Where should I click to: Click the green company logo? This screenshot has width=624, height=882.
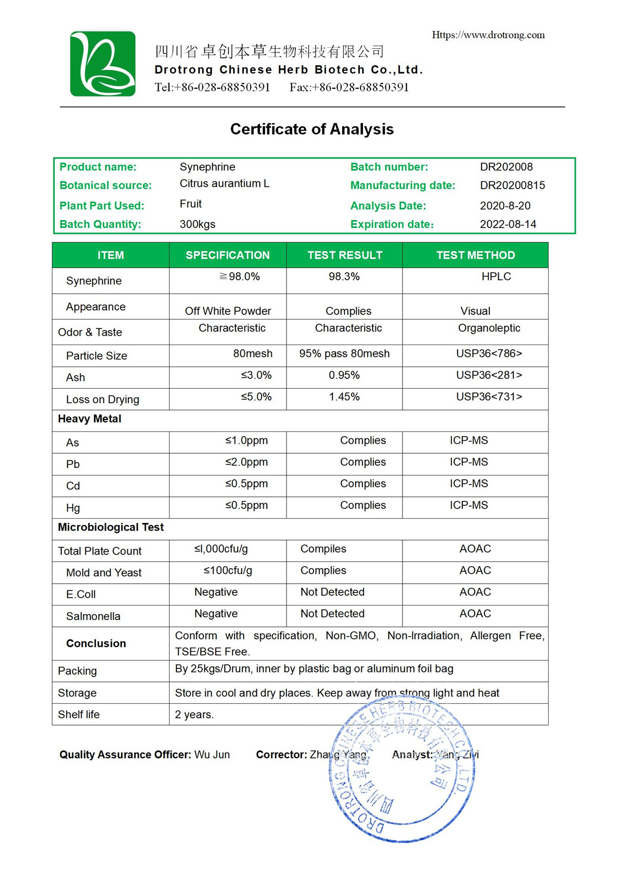(x=102, y=63)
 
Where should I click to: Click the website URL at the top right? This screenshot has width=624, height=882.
(x=488, y=35)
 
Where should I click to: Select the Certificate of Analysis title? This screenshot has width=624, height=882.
(x=311, y=129)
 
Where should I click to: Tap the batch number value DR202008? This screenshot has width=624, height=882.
(x=506, y=167)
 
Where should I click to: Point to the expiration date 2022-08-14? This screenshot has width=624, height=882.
(x=508, y=224)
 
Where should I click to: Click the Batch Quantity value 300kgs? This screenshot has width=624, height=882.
(x=197, y=224)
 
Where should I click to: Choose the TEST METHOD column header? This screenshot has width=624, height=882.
(x=475, y=255)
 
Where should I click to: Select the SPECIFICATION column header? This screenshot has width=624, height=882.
(x=228, y=255)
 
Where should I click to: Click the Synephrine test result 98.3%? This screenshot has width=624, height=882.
(x=344, y=277)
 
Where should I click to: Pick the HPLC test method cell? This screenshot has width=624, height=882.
(x=496, y=277)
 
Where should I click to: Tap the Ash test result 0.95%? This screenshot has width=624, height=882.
(x=344, y=375)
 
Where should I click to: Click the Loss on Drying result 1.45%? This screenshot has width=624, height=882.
(x=344, y=397)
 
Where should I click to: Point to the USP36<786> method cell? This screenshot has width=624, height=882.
(x=489, y=353)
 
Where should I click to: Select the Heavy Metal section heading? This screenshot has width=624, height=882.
(x=89, y=419)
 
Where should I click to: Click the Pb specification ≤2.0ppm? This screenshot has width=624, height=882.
(x=246, y=462)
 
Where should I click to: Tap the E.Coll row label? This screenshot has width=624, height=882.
(x=81, y=594)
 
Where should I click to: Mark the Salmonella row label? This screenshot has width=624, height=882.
(x=93, y=616)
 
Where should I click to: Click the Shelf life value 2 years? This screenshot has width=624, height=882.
(x=194, y=715)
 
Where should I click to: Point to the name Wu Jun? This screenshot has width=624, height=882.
(x=212, y=755)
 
